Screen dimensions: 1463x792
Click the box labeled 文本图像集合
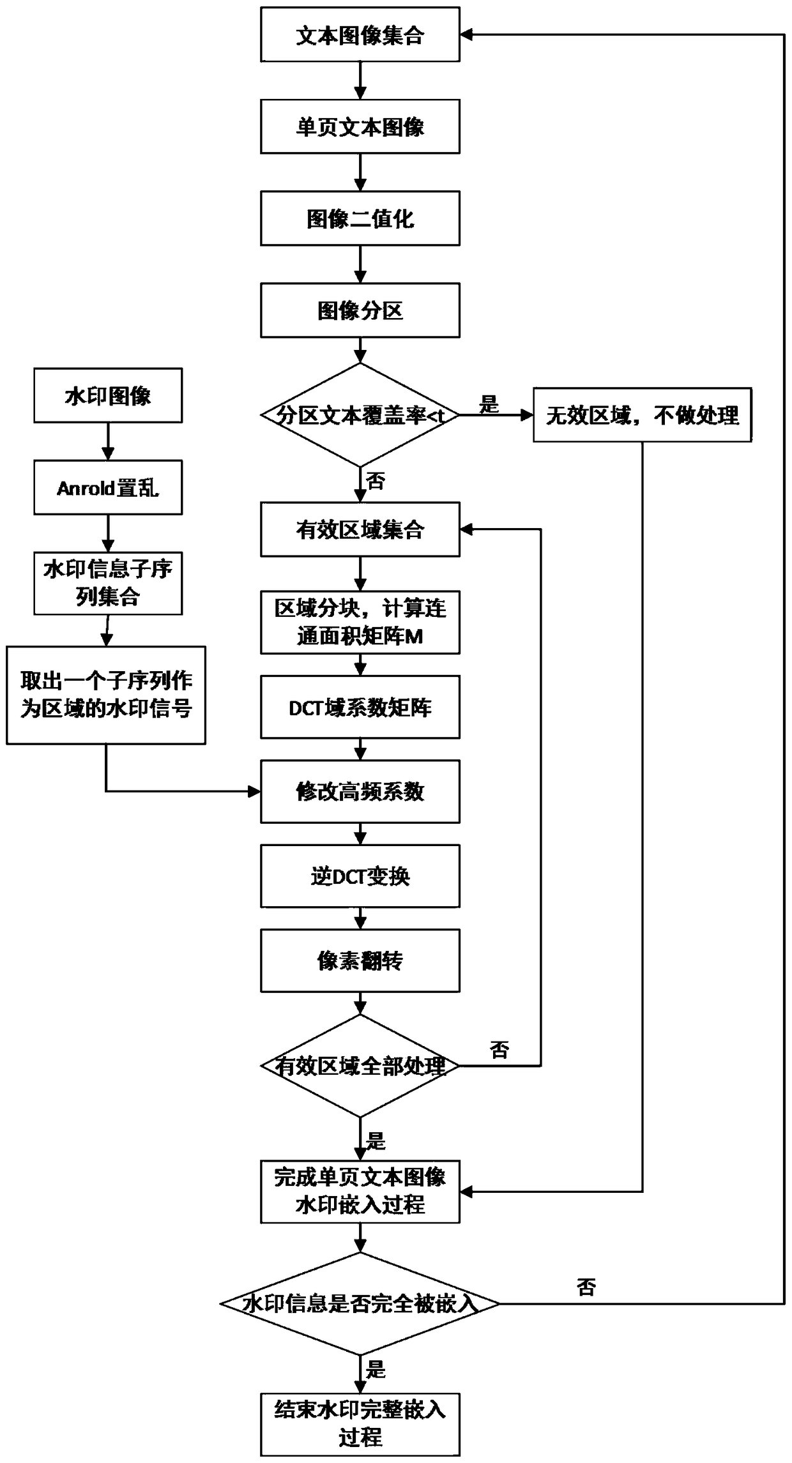pos(360,35)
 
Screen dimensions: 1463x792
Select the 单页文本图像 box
pos(360,126)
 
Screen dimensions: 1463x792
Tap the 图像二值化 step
pos(360,218)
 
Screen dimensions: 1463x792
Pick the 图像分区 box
pos(360,310)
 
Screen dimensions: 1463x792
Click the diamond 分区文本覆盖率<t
pos(360,416)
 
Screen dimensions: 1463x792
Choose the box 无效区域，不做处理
pos(642,415)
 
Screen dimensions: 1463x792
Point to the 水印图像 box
pos(108,395)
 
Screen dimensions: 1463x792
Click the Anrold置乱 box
pos(108,488)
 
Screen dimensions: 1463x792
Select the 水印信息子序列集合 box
pos(108,583)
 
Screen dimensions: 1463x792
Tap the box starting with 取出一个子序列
pos(106,695)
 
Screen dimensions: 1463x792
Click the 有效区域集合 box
pos(360,529)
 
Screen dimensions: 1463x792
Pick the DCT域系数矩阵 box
pos(360,707)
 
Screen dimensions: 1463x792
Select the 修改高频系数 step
pos(360,791)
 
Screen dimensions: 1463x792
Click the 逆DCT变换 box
pos(360,876)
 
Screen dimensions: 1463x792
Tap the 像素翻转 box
pos(360,960)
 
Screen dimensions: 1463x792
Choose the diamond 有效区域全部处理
pos(360,1066)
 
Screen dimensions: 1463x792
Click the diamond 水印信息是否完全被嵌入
pos(360,1304)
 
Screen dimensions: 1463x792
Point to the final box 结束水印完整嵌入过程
pos(360,1424)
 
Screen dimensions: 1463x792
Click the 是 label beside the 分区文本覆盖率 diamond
pos(489,404)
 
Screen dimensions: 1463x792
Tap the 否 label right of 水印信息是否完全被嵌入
pos(586,1287)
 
